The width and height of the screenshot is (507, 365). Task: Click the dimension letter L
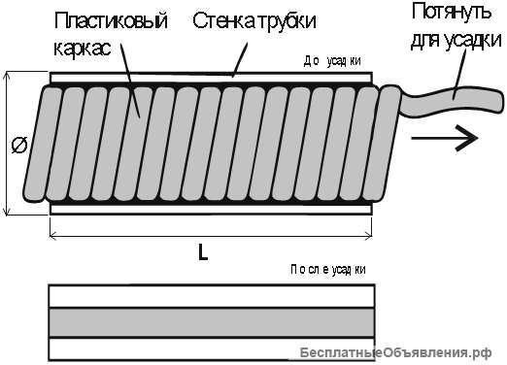202,251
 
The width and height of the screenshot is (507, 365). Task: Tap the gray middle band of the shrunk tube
211,321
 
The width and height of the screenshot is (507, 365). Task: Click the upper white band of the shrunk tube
211,295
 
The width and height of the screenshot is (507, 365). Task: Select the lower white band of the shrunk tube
211,347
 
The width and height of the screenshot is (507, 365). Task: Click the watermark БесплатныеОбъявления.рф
397,351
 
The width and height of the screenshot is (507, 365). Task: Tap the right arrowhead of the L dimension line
370,232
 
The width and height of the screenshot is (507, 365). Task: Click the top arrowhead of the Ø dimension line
8,75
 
